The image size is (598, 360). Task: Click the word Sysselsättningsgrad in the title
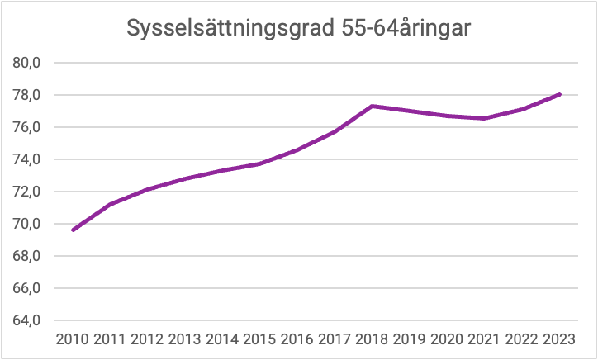coord(229,29)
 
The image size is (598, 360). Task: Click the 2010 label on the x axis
coord(73,340)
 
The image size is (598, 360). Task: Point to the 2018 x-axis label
coord(373,340)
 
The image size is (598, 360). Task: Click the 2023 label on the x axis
coord(560,340)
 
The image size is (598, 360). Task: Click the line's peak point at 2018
coord(373,106)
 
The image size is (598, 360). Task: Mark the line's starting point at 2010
coord(73,230)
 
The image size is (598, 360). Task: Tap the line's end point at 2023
coord(560,94)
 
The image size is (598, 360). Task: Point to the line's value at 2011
coord(110,204)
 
